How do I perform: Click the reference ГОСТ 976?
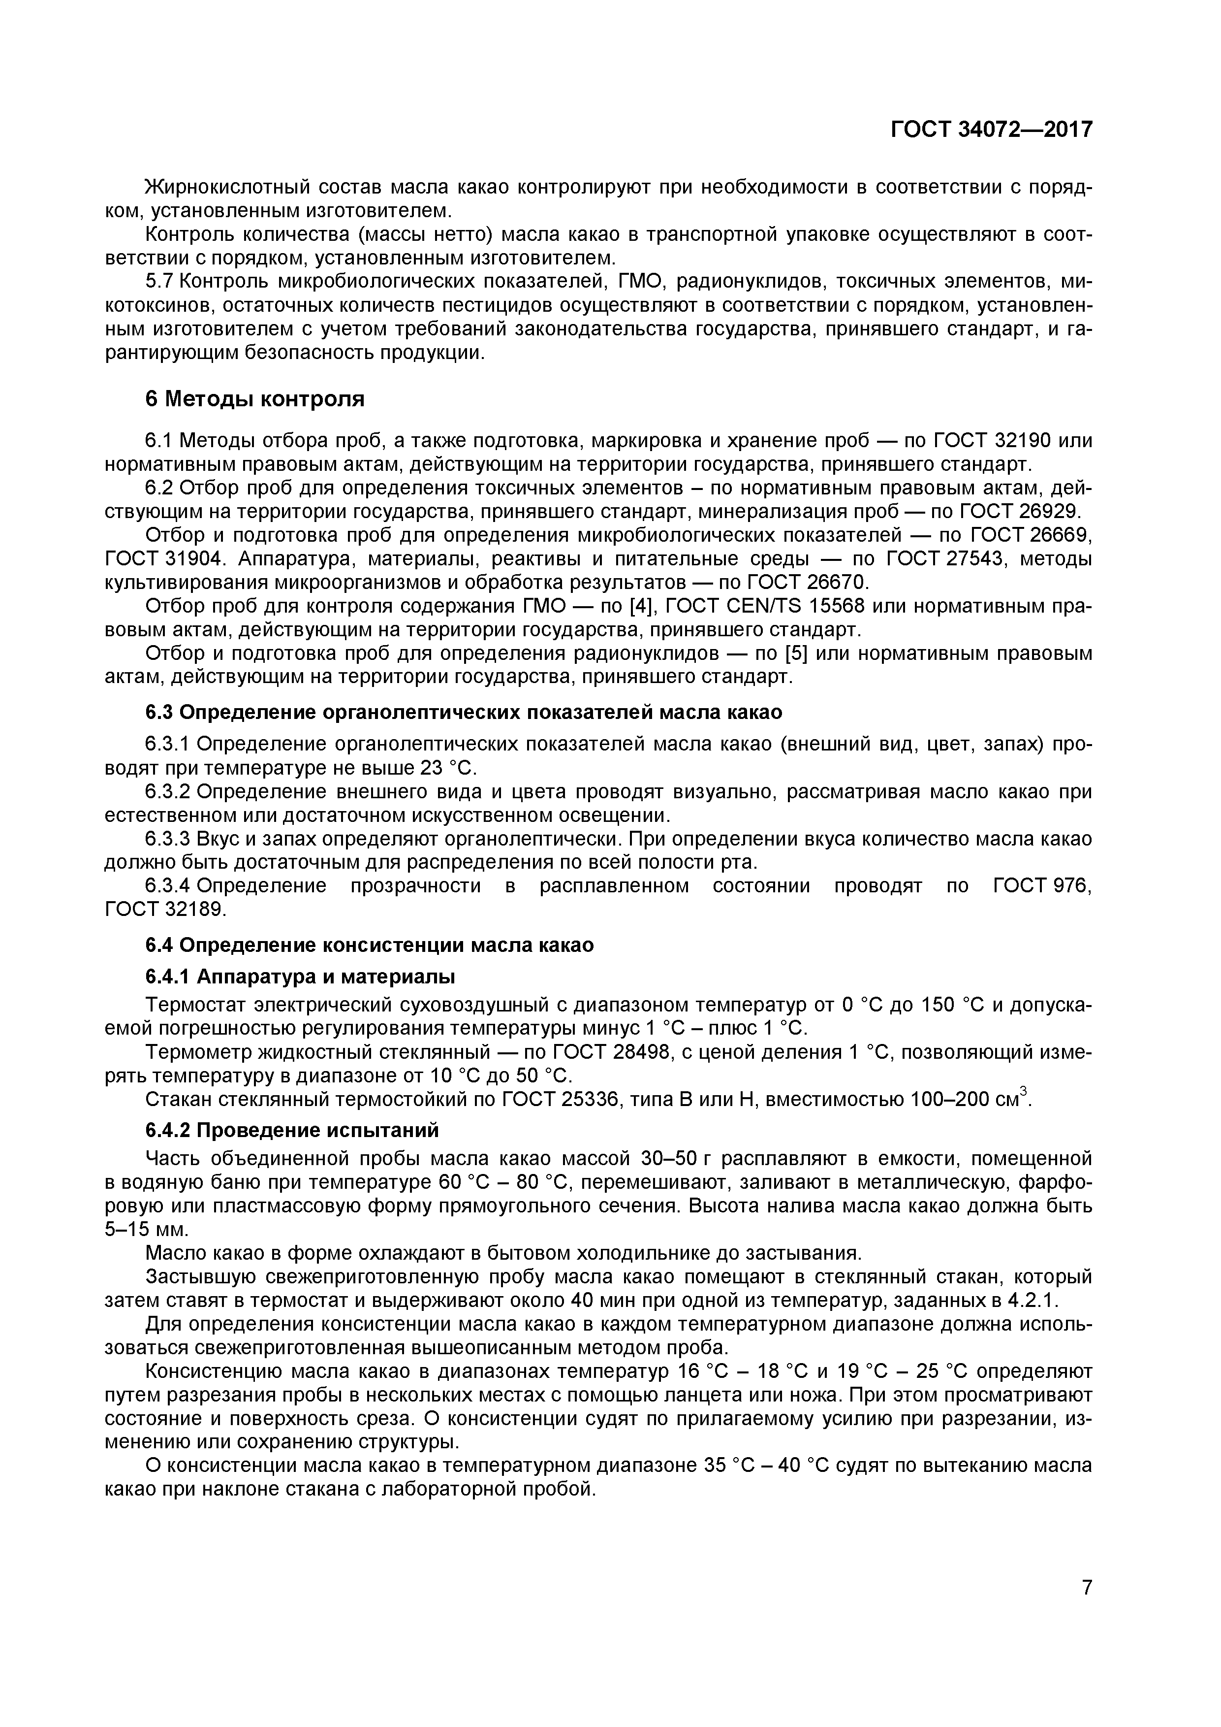(1042, 886)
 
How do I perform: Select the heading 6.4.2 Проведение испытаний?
(292, 1131)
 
